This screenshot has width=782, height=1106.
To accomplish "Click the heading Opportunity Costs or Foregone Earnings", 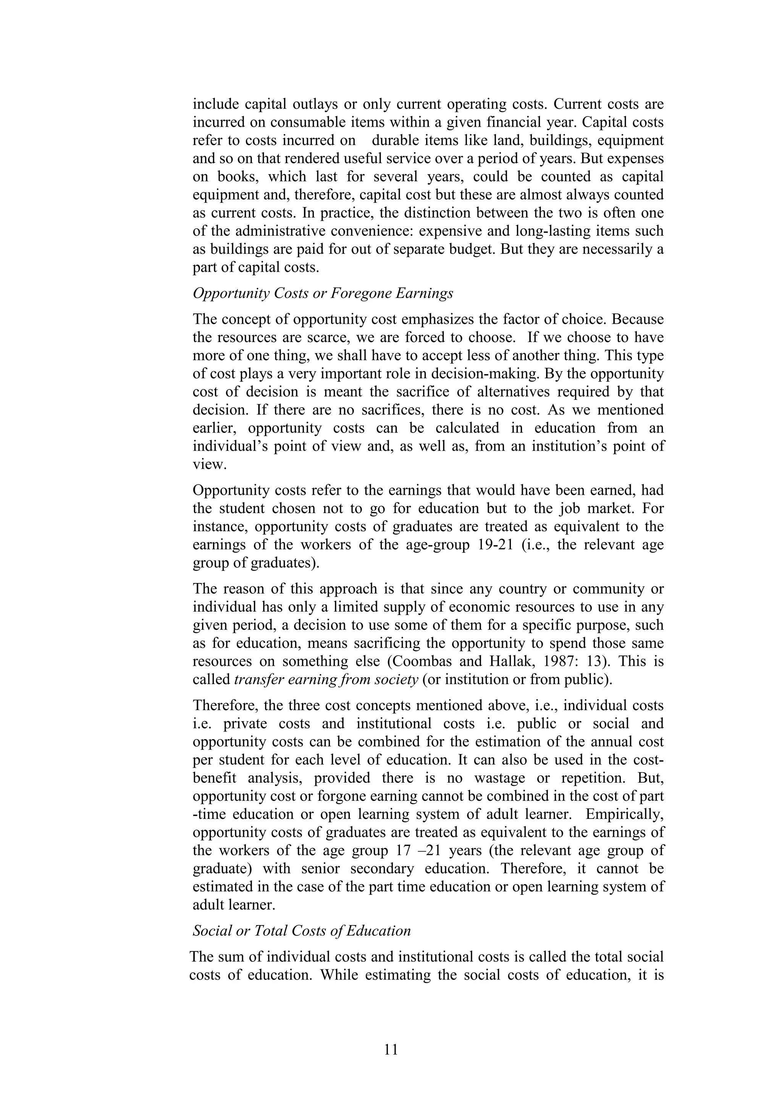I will pos(323,293).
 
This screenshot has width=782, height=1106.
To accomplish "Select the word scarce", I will pos(304,337).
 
